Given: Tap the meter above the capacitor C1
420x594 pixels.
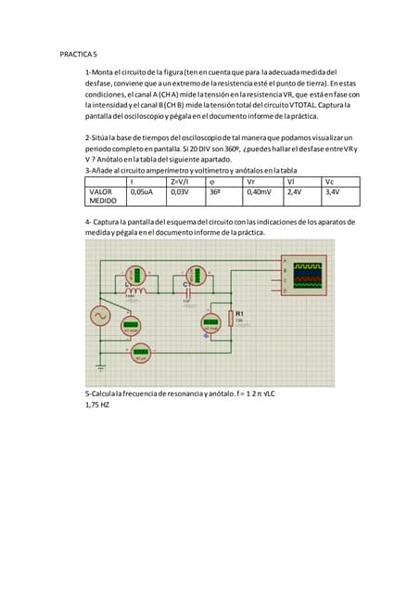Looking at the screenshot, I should coord(196,275).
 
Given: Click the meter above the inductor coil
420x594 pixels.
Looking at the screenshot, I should coord(136,275).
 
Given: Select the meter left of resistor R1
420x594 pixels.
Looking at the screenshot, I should coord(212,325).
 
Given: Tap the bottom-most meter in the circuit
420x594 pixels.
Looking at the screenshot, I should coord(141,353).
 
